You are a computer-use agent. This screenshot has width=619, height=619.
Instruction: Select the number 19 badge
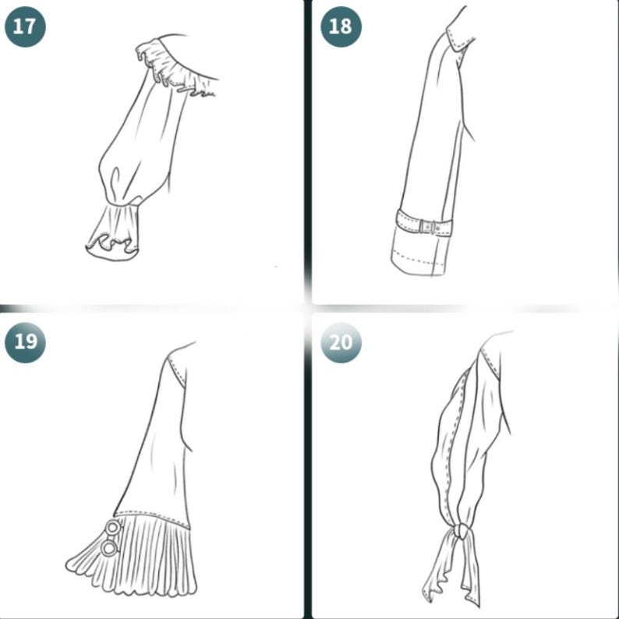point(25,342)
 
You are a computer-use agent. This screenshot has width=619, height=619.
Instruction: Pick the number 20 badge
point(340,342)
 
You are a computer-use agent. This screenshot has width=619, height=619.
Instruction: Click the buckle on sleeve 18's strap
point(426,227)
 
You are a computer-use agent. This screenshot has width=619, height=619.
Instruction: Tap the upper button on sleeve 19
point(114,528)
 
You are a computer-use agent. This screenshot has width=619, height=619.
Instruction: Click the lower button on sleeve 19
point(109,548)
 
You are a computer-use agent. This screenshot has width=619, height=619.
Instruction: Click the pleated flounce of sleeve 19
point(148,557)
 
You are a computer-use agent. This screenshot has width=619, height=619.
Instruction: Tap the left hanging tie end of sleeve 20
point(433,573)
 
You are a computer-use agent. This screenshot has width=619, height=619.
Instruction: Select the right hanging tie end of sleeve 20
point(472,569)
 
